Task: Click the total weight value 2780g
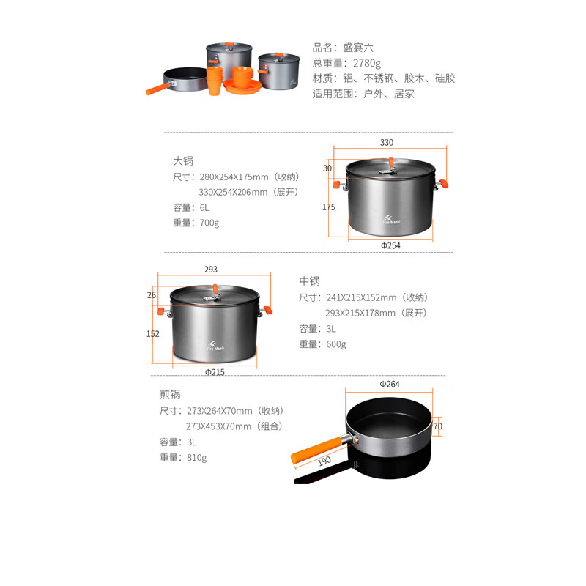[367, 63]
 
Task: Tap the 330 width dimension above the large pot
[387, 142]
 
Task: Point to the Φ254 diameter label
[390, 245]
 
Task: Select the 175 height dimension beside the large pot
[329, 207]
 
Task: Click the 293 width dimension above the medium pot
[211, 269]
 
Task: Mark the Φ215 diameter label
[215, 372]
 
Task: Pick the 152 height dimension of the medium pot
[153, 334]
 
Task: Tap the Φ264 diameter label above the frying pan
[390, 384]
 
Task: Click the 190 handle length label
[324, 461]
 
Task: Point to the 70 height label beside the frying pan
[437, 426]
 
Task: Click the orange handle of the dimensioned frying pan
[316, 450]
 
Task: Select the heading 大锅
[183, 161]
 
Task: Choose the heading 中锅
[309, 281]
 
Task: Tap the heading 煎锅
[170, 394]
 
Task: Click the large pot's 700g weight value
[209, 223]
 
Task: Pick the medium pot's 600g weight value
[336, 344]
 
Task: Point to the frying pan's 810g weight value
[196, 457]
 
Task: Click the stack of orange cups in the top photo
[215, 81]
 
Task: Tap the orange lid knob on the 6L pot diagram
[391, 163]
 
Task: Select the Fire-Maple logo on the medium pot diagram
[215, 346]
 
